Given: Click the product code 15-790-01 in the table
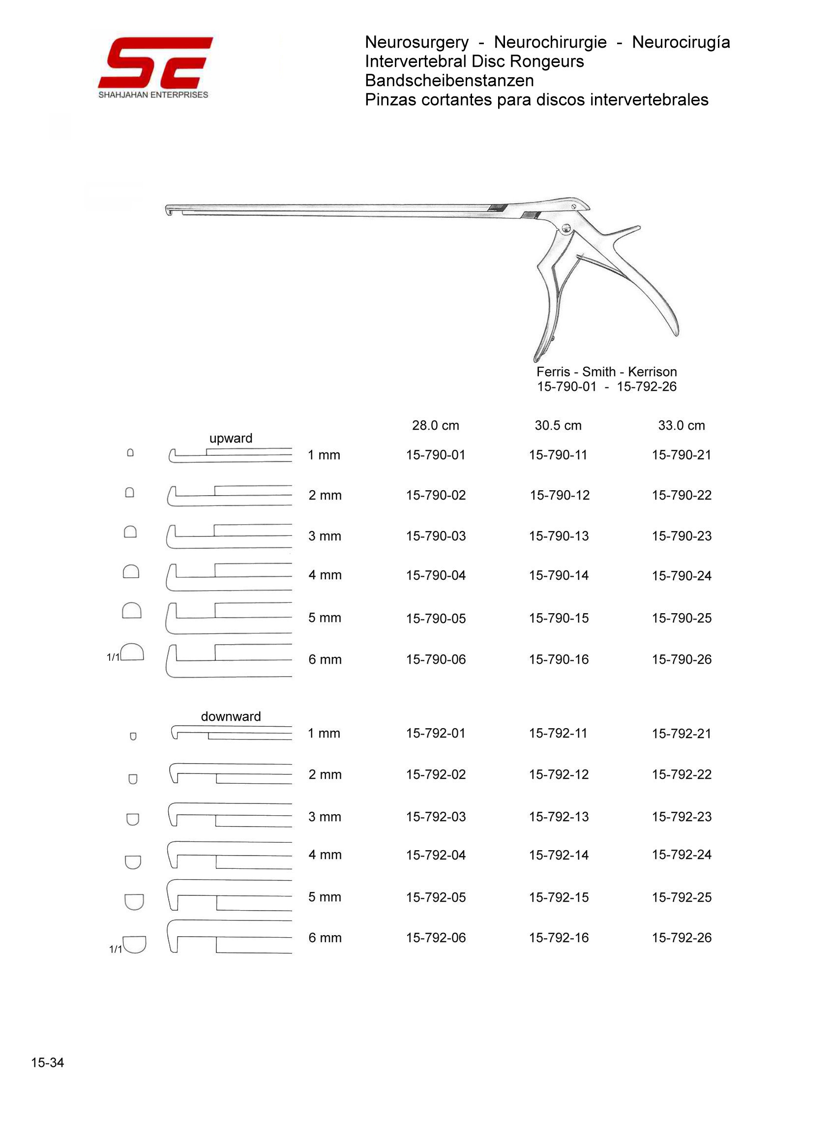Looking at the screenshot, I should (x=436, y=455).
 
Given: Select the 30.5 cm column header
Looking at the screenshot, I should (x=558, y=425).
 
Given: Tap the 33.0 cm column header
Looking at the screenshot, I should (x=681, y=425).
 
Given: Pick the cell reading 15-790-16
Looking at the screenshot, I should (x=559, y=659).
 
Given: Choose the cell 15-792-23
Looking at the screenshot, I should (x=682, y=816).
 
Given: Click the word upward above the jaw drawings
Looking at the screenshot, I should (x=231, y=438).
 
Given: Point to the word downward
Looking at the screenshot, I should (x=231, y=716).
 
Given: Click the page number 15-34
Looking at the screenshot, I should (x=47, y=1062).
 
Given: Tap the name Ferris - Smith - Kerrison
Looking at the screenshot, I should (x=606, y=372).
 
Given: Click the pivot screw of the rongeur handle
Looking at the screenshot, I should (x=565, y=229).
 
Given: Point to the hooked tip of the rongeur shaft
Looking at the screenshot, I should (x=169, y=211).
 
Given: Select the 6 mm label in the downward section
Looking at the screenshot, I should (x=325, y=937).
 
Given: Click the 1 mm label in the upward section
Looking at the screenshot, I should (x=324, y=455).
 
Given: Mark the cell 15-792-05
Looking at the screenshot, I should (x=436, y=897).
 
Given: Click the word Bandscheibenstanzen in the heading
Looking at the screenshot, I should (x=449, y=81).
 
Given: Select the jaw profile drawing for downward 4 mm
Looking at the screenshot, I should (x=229, y=855).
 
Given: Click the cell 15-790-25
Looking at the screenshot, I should (x=682, y=618).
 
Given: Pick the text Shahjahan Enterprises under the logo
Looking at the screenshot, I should (x=153, y=95).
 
